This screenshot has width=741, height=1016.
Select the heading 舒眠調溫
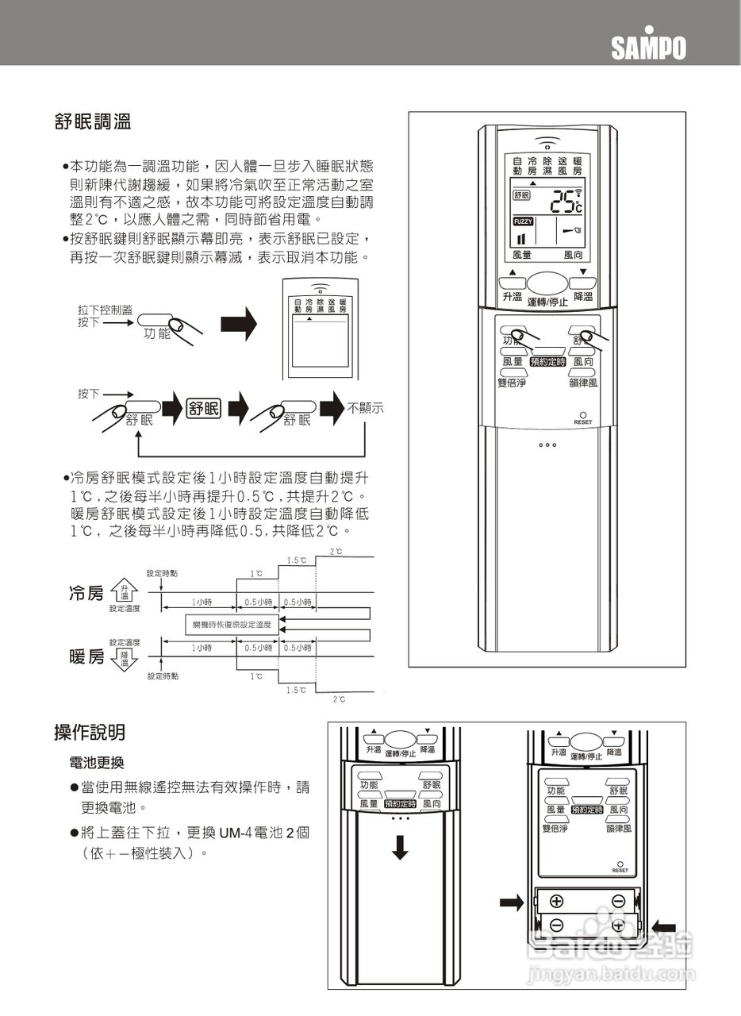pos(92,122)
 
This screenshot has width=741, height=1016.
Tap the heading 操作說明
pos(89,732)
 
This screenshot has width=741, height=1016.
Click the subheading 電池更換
pos(97,763)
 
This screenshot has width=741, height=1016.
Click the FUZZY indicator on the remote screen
pos(524,221)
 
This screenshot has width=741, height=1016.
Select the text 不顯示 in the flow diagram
pos(366,409)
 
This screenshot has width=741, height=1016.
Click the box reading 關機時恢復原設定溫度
pos(232,625)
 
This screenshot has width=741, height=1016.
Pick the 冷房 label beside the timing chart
pos(86,594)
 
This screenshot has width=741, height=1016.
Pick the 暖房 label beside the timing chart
pos(86,656)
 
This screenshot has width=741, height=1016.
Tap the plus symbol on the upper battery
pos(556,900)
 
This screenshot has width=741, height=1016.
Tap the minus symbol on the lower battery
pos(556,926)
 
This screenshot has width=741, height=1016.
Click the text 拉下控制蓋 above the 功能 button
pos(106,310)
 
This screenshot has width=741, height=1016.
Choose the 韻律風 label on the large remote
pos(583,383)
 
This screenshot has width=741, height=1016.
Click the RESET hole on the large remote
pos(583,415)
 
